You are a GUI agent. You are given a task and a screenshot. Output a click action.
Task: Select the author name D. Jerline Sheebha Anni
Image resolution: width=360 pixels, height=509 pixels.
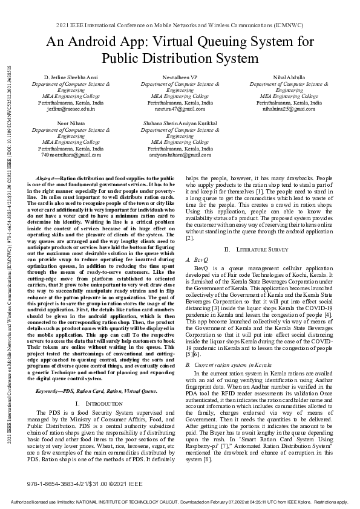[x=71, y=79]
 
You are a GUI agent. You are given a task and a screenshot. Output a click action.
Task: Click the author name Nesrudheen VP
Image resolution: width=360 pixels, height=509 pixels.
[x=180, y=79]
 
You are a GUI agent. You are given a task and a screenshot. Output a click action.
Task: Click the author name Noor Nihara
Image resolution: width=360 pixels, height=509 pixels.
[x=71, y=123]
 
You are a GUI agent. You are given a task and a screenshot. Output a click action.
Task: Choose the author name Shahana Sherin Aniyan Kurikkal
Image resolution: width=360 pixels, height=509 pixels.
[x=180, y=123]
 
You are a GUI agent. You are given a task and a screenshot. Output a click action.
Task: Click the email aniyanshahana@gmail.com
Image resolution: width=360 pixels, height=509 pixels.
[x=180, y=154]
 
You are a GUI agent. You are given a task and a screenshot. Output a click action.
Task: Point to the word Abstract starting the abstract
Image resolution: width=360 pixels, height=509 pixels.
[x=46, y=179]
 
